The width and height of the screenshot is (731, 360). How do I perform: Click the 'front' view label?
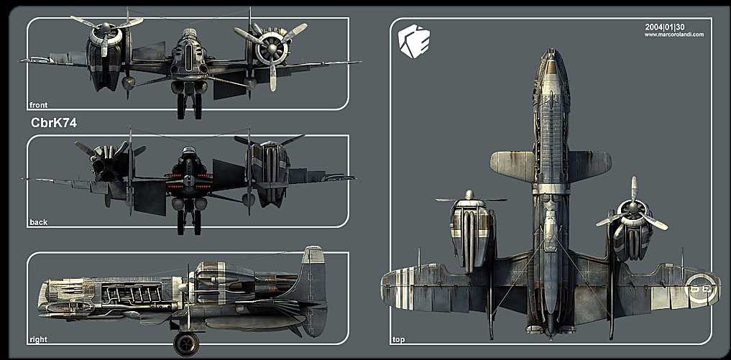tap(37, 105)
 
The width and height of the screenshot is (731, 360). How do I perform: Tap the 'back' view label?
tap(38, 222)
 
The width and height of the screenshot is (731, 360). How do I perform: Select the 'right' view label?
tap(38, 338)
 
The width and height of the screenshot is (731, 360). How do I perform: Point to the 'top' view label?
tap(398, 338)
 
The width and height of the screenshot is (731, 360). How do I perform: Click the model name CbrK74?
tap(54, 123)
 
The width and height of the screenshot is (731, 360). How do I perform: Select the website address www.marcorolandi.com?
tap(673, 34)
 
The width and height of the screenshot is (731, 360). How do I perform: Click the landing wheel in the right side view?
tap(186, 343)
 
